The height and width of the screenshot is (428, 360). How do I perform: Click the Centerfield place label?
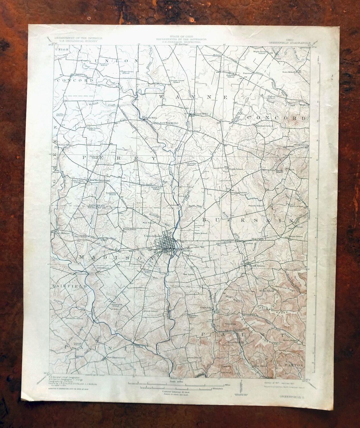[x=83, y=274]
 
